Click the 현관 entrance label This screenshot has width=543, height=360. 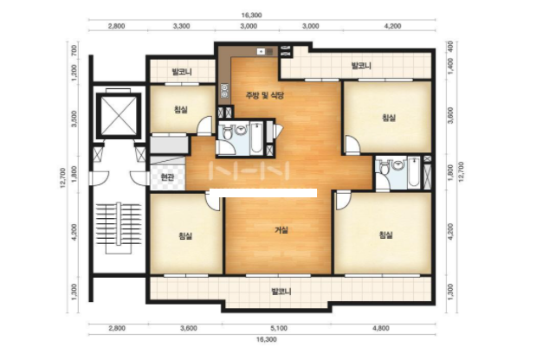pyautogui.click(x=167, y=177)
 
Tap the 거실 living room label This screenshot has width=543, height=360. pyautogui.click(x=281, y=230)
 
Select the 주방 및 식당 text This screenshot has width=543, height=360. pyautogui.click(x=265, y=95)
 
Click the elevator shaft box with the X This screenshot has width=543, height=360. pyautogui.click(x=119, y=115)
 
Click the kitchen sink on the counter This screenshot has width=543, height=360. pyautogui.click(x=265, y=52)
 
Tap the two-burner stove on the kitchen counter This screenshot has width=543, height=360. pyautogui.click(x=224, y=91)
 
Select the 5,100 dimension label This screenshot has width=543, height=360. pyautogui.click(x=279, y=328)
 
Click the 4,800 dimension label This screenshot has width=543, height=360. pyautogui.click(x=380, y=328)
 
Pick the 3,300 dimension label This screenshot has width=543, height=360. pyautogui.click(x=181, y=26)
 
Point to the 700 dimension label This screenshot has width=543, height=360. pyautogui.click(x=74, y=50)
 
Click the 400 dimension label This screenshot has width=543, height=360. pyautogui.click(x=450, y=45)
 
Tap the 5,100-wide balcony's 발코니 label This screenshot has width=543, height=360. pyautogui.click(x=281, y=292)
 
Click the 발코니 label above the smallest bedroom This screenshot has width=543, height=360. pyautogui.click(x=182, y=72)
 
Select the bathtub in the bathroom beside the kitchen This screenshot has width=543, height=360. pyautogui.click(x=256, y=138)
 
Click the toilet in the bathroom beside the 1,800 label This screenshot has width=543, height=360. pyautogui.click(x=384, y=168)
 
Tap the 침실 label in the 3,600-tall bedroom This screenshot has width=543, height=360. pyautogui.click(x=389, y=118)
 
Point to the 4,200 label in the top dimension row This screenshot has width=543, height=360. pyautogui.click(x=393, y=26)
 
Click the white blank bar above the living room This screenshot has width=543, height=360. pyautogui.click(x=264, y=193)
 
